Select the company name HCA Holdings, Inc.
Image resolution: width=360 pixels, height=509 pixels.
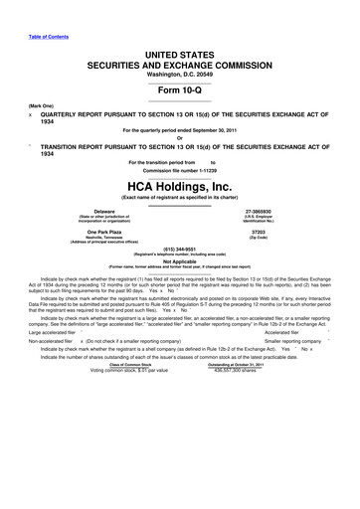click(x=180, y=187)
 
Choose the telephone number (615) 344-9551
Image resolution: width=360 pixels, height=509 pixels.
click(x=180, y=252)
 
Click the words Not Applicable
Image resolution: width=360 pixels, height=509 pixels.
click(x=180, y=261)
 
